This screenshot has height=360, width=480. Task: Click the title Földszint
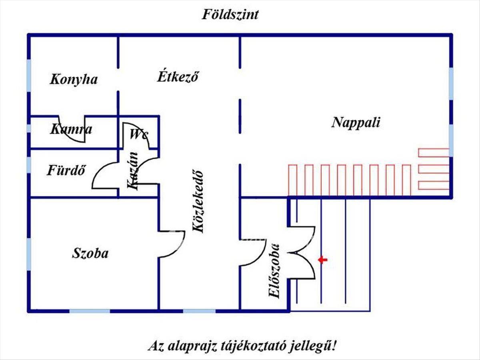pos(230,15)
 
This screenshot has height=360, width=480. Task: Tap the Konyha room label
pos(74,79)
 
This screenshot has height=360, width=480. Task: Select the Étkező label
pos(178,76)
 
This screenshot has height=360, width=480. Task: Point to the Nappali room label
pos(356,122)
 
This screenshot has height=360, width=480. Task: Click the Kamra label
pos(71,129)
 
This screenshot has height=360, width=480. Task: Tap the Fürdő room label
pos(66,171)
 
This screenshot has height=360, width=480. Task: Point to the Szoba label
pos(90,253)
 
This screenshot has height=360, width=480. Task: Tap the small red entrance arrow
pos(322,260)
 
